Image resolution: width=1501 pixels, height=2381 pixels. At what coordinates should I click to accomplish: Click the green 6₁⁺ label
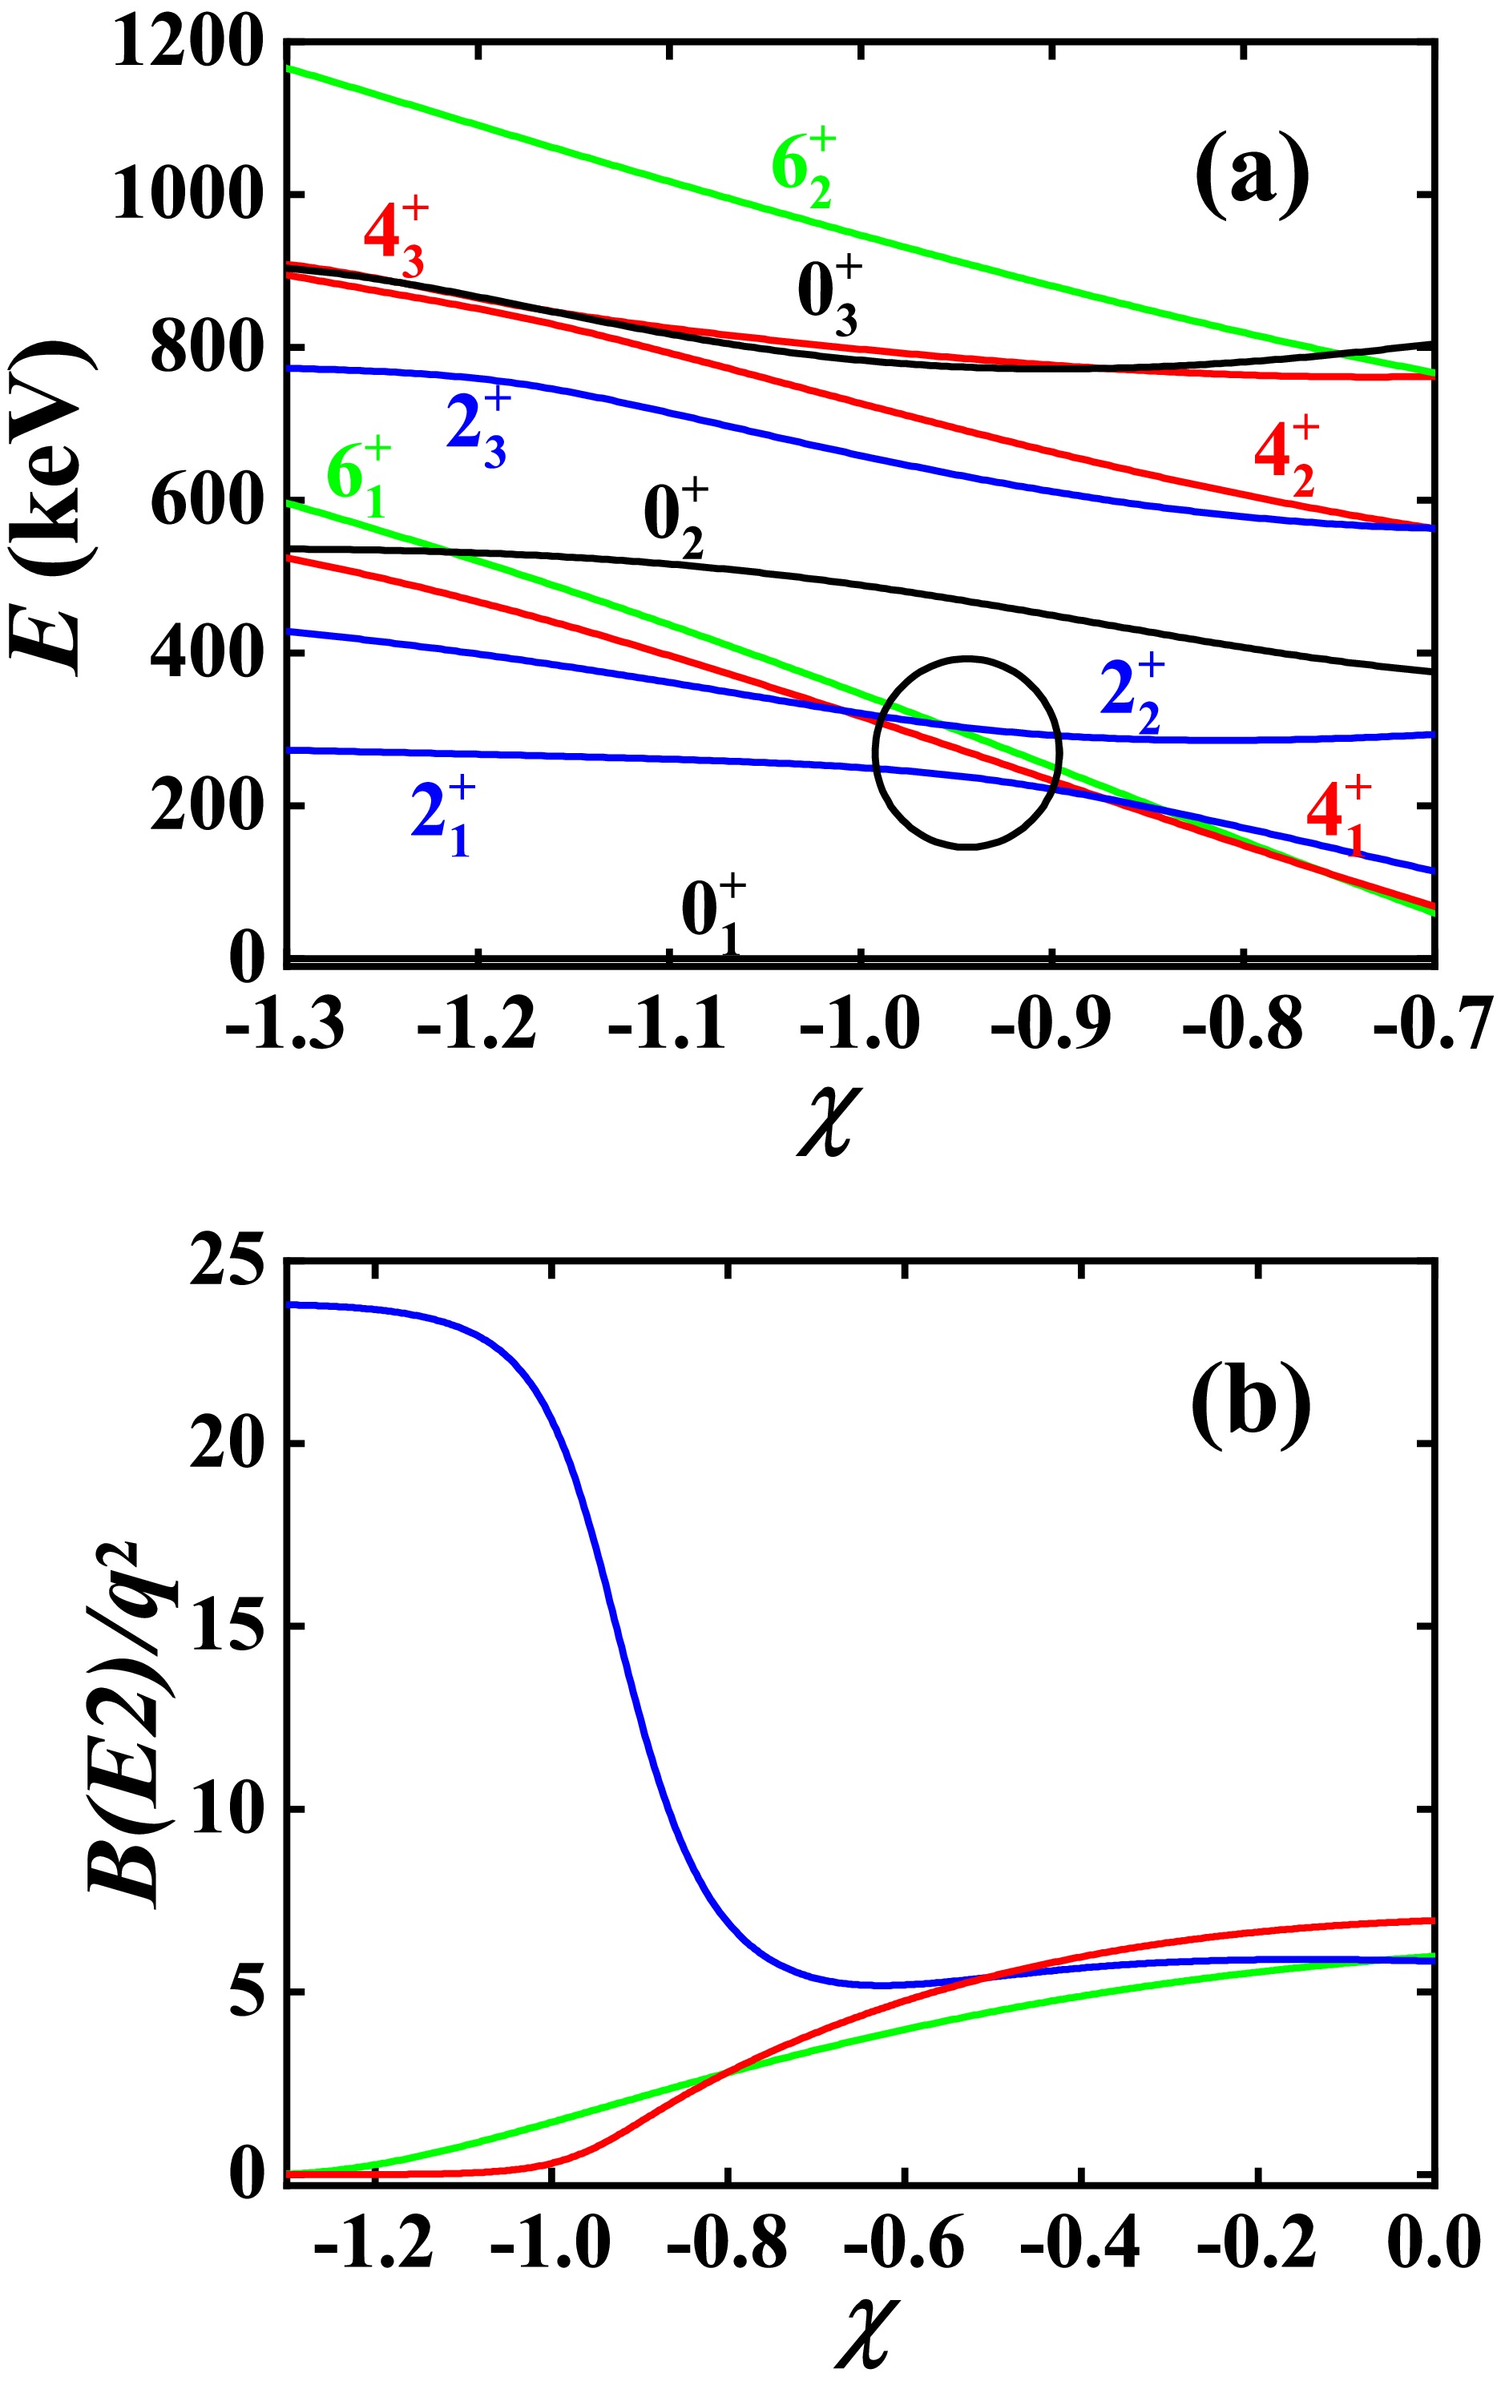(x=358, y=481)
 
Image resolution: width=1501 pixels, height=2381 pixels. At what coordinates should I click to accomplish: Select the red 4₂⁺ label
(x=1285, y=456)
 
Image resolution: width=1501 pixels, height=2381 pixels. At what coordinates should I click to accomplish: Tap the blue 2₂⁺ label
(x=1132, y=696)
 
